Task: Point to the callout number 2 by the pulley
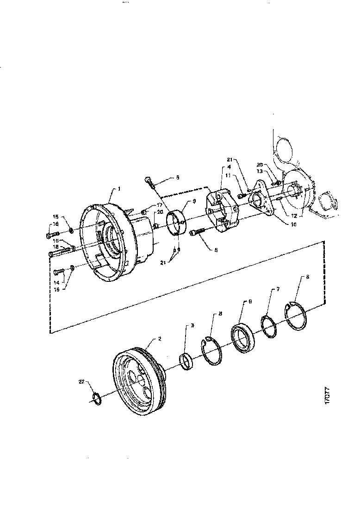159,339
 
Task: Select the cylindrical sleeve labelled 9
176,222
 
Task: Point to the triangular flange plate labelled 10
261,203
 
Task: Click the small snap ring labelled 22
98,398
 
